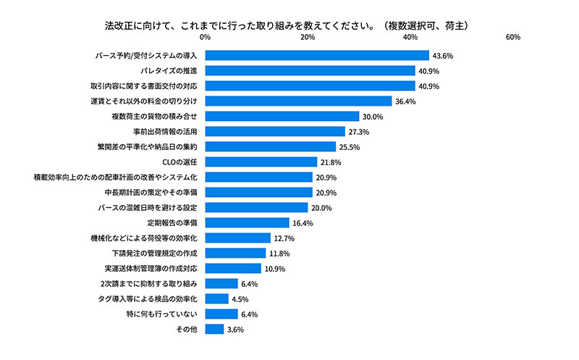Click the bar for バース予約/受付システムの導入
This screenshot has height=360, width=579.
pyautogui.click(x=317, y=55)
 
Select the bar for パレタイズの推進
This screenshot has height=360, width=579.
pyautogui.click(x=310, y=70)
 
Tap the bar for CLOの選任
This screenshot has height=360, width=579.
pyautogui.click(x=261, y=162)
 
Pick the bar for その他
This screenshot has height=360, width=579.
pyautogui.click(x=214, y=329)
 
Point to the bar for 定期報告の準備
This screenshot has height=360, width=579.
pyautogui.click(x=248, y=222)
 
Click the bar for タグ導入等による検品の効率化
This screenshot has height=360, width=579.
pyautogui.click(x=217, y=298)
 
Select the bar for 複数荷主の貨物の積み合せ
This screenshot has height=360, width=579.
pyautogui.click(x=282, y=116)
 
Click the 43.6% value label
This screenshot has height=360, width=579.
pyautogui.click(x=443, y=55)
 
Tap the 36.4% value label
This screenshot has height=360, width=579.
pyautogui.click(x=405, y=101)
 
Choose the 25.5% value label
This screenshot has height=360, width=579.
pyautogui.click(x=350, y=146)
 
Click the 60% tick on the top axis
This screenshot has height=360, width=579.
pyautogui.click(x=513, y=36)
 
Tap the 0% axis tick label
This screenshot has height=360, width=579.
pyautogui.click(x=206, y=36)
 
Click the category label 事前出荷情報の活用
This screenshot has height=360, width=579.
pyautogui.click(x=166, y=131)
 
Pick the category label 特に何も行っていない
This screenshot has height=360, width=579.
pyautogui.click(x=163, y=314)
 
